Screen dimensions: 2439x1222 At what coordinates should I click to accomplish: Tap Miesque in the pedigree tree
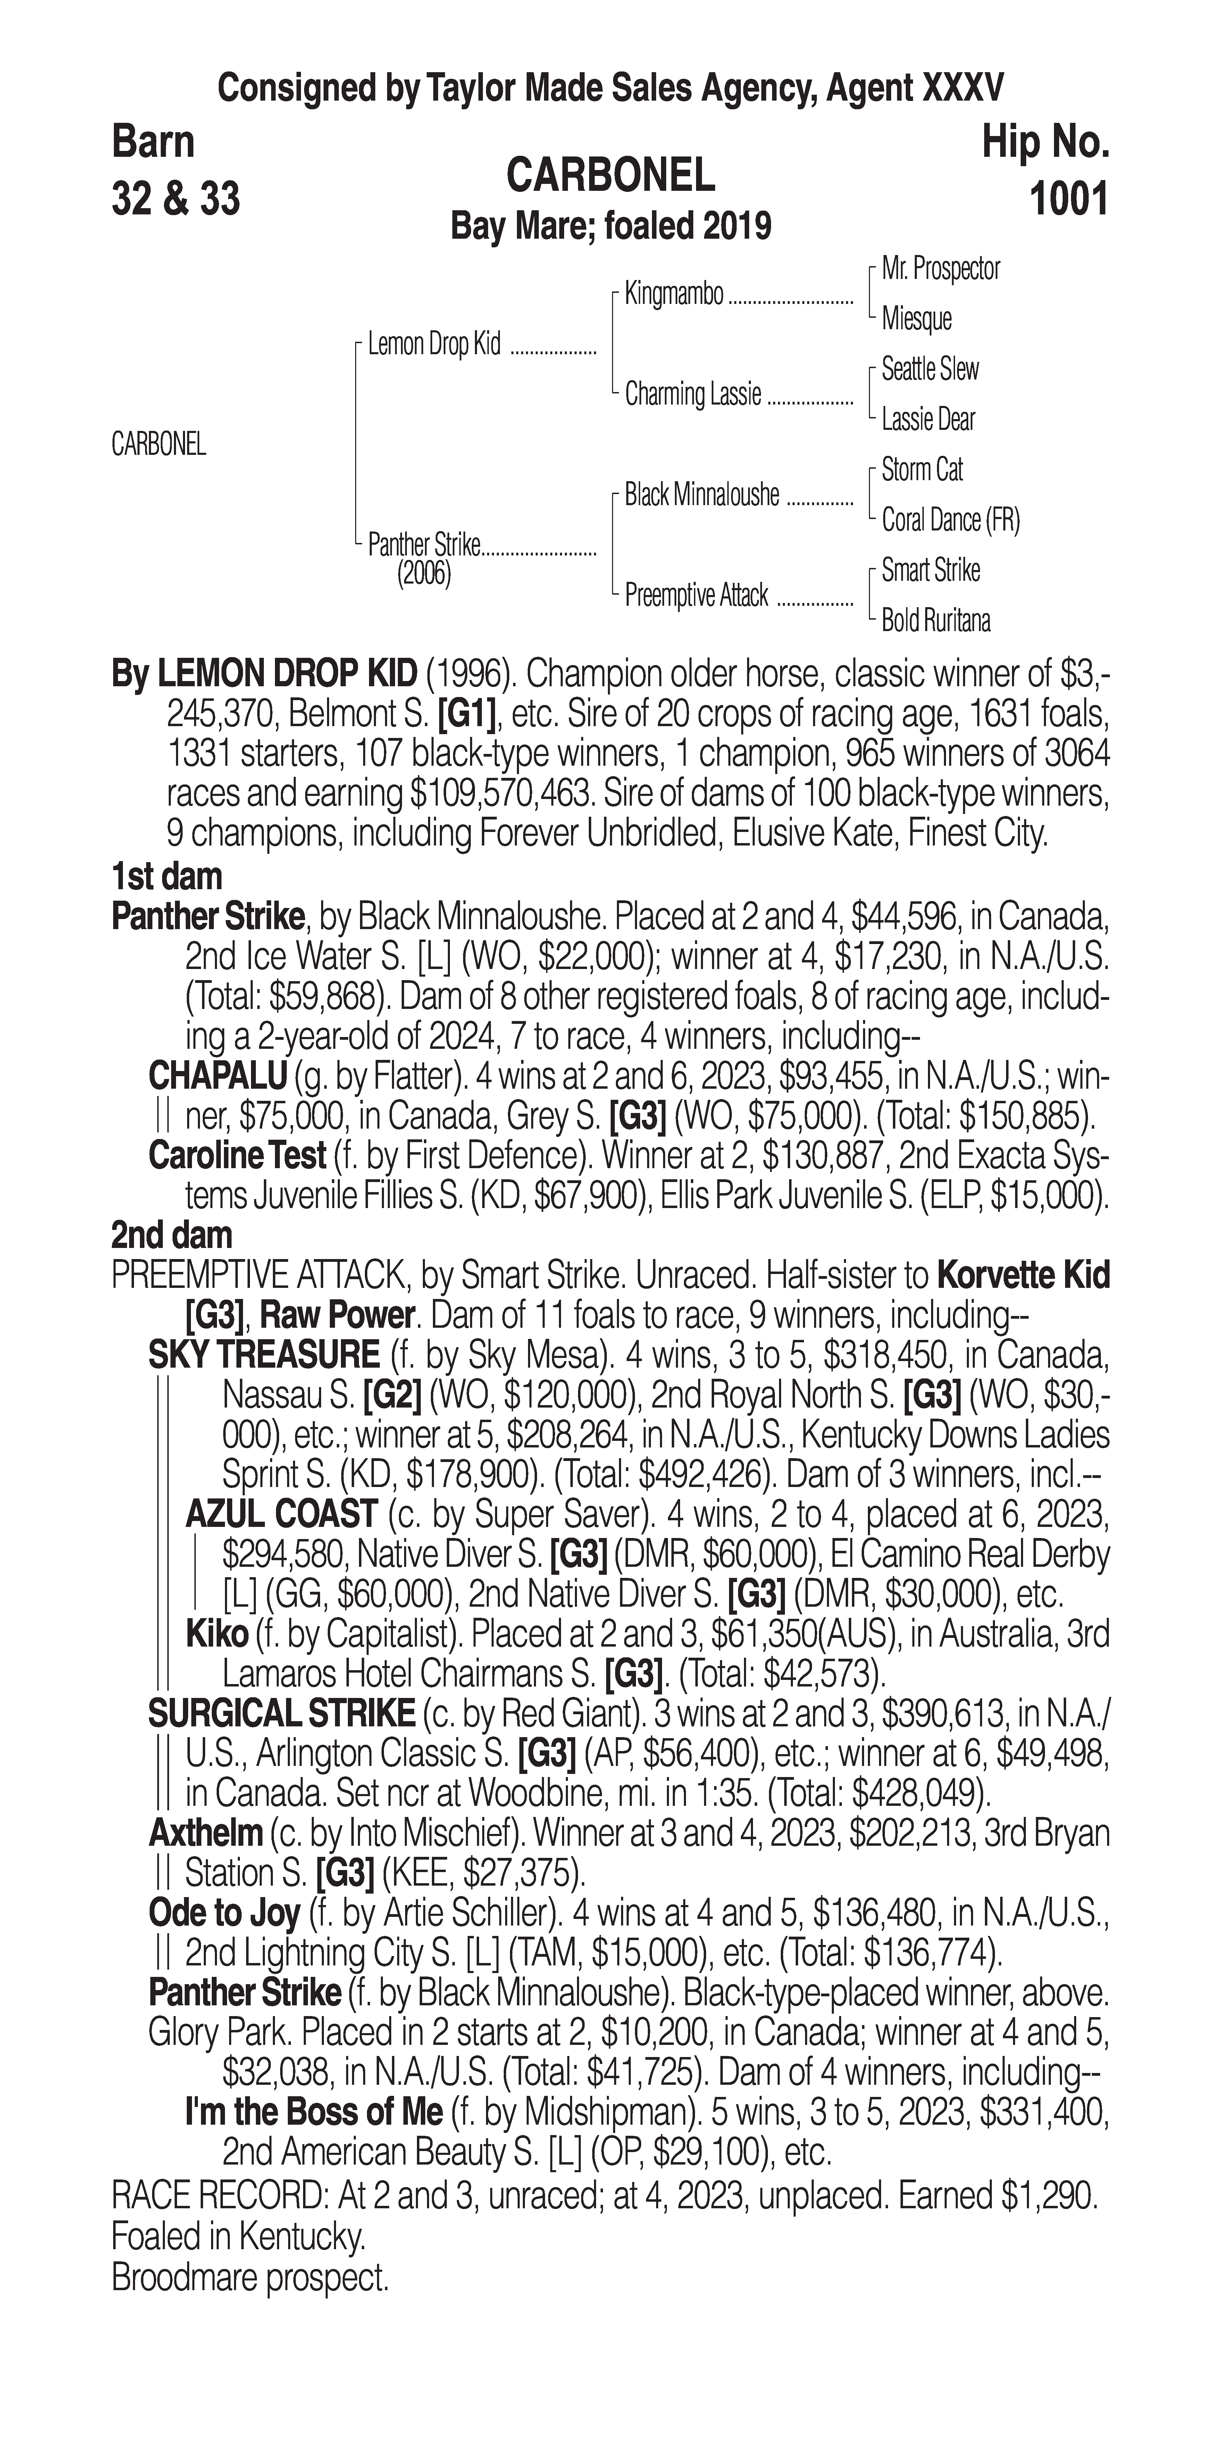pos(916,319)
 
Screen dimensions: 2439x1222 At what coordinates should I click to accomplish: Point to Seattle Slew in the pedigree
pos(929,369)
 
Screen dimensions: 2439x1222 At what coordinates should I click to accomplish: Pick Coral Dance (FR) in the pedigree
pos(950,520)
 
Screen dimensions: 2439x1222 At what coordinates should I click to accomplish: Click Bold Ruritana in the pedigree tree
pos(936,621)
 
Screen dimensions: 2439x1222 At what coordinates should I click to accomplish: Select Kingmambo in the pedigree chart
pos(673,295)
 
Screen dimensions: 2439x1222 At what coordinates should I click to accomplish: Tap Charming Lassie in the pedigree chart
pos(693,395)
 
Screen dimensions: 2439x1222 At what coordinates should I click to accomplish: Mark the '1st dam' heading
pos(167,877)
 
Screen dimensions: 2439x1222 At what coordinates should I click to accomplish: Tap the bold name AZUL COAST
pos(281,1515)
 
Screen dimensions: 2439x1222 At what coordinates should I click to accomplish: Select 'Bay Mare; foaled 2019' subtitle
pos(611,226)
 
